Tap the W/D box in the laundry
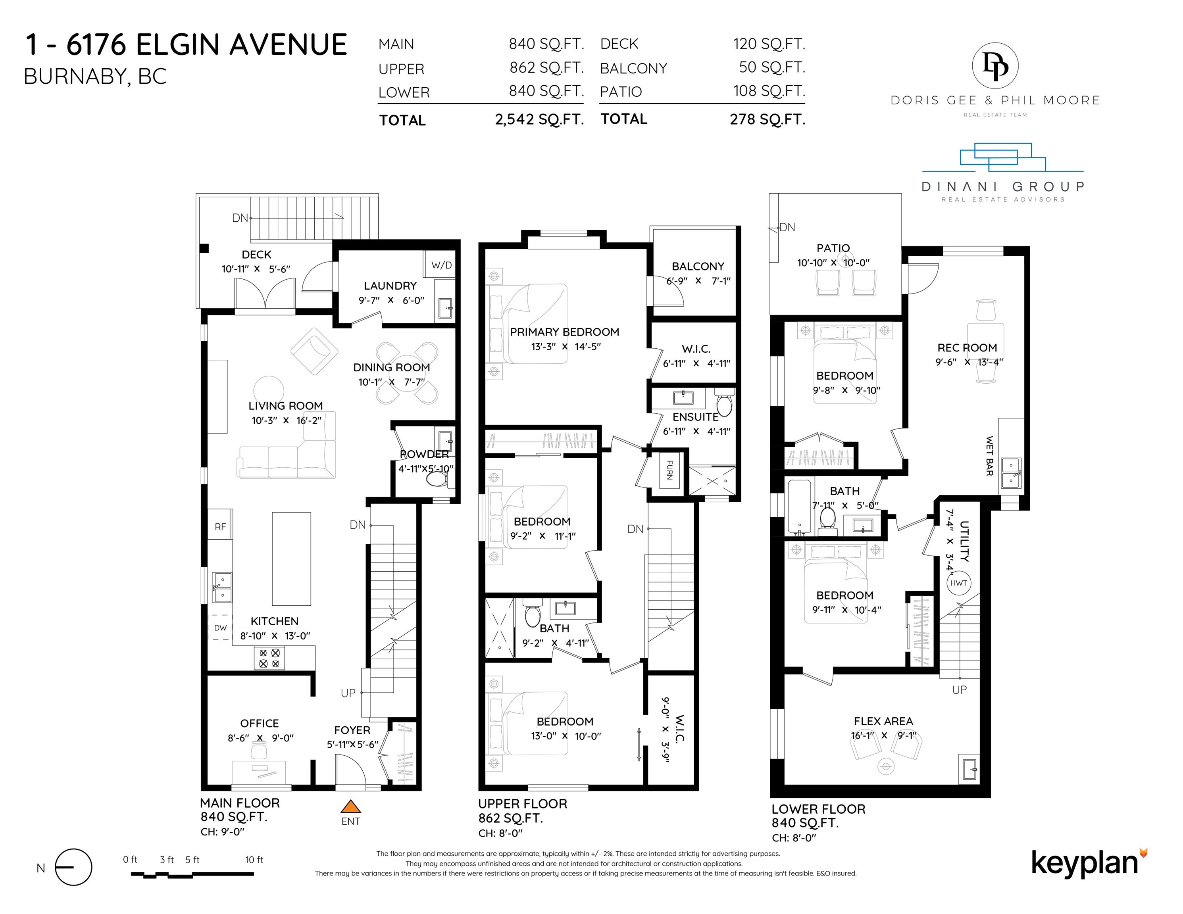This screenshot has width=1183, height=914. (440, 265)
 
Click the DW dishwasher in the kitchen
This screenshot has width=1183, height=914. (220, 628)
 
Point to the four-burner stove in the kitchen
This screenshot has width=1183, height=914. (269, 658)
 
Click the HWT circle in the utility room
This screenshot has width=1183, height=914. (958, 583)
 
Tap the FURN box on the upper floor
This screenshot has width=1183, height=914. (669, 469)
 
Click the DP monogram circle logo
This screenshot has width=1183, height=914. (996, 65)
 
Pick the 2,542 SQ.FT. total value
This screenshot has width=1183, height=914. (539, 119)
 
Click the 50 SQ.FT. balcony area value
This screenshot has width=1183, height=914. (772, 67)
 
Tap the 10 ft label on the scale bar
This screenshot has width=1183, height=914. (254, 860)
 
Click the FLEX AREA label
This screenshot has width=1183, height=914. (883, 721)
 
